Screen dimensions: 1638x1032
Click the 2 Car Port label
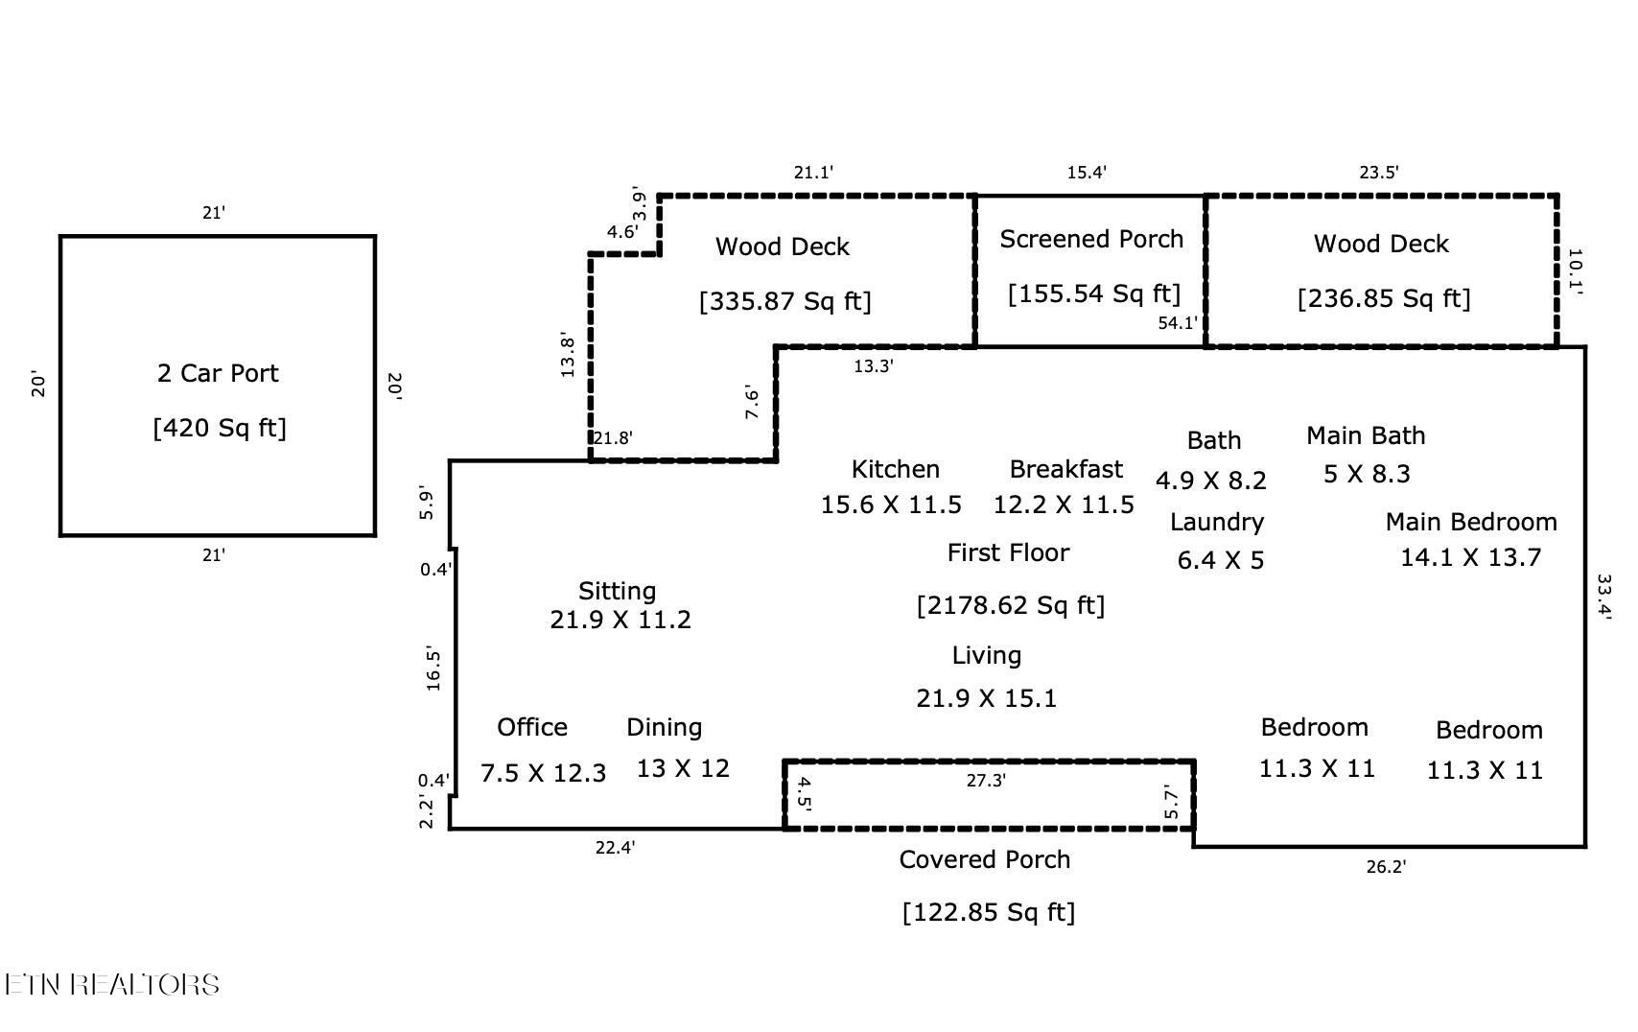point(218,373)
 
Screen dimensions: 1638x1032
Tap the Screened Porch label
point(1091,239)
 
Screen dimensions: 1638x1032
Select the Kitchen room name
point(895,469)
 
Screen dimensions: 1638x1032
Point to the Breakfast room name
point(1066,469)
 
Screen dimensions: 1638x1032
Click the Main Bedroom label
point(1471,522)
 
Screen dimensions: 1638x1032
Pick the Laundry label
point(1217,522)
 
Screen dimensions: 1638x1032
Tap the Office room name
point(532,727)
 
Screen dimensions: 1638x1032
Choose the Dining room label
point(664,728)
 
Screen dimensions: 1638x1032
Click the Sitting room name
point(618,591)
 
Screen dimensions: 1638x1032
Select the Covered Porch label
point(984,859)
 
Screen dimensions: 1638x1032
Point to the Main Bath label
point(1366,435)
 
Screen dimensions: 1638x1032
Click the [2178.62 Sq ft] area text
point(1011,605)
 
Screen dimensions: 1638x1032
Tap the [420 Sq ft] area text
point(220,428)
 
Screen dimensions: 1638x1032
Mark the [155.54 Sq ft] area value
point(1094,294)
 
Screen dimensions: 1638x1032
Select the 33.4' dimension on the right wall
point(1603,597)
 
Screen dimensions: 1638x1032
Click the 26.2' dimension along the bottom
point(1387,867)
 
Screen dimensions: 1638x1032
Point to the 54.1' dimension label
point(1178,322)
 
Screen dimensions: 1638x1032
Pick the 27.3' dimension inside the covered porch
point(986,781)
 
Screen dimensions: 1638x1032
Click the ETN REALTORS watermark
point(112,984)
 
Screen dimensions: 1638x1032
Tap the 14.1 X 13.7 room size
point(1470,557)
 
